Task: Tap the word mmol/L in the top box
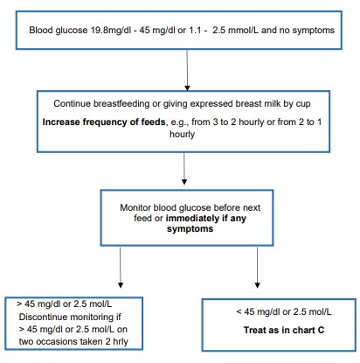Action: [x=244, y=30]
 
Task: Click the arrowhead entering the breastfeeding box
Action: [x=187, y=87]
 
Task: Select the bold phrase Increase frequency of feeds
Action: [x=104, y=122]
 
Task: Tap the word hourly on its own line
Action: [x=183, y=135]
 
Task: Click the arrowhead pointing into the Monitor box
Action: [x=184, y=182]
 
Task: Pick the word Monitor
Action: [x=135, y=207]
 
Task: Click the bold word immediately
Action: [x=193, y=218]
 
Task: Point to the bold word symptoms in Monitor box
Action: [x=190, y=229]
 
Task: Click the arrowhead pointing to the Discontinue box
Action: [x=121, y=285]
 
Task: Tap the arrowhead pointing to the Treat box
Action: [x=257, y=285]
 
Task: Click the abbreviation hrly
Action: [x=121, y=342]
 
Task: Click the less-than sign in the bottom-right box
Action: [x=239, y=312]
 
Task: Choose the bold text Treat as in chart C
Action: [x=284, y=330]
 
